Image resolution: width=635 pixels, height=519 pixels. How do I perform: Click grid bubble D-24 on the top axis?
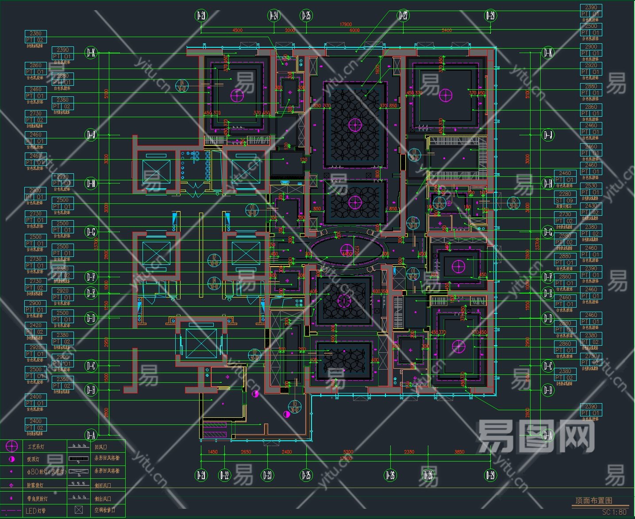coord(274,16)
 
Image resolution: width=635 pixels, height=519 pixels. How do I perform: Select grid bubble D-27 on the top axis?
coord(403,16)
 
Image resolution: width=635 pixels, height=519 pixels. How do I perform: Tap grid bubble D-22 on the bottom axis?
coord(225,475)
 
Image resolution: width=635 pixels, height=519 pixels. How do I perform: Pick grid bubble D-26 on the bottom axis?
coord(390,475)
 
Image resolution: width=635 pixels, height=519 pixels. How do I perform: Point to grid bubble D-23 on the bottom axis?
coord(267,475)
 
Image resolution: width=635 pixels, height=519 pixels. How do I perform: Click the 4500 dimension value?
coord(238,31)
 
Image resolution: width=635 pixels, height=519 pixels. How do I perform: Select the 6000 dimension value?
coord(354,31)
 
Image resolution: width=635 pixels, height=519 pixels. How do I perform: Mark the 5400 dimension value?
coord(446,31)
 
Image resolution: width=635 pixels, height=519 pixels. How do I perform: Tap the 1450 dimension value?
coord(213,452)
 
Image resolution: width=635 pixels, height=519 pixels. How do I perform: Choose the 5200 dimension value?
coord(348,452)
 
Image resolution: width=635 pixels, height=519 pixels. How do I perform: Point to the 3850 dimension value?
coord(459,452)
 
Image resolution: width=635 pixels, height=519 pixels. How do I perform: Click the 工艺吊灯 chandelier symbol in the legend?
coord(12,446)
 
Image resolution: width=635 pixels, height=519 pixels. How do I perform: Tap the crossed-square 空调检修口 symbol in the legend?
coord(79,510)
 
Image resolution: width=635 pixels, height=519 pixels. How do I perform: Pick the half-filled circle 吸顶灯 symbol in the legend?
coord(12,459)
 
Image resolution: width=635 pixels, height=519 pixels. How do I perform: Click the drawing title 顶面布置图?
coord(593,500)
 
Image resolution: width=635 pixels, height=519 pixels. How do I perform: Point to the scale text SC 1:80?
coord(614,512)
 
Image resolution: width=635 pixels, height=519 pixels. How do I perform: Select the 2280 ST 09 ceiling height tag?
coord(565,197)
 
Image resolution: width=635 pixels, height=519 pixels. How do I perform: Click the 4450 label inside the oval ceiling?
coord(347,254)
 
